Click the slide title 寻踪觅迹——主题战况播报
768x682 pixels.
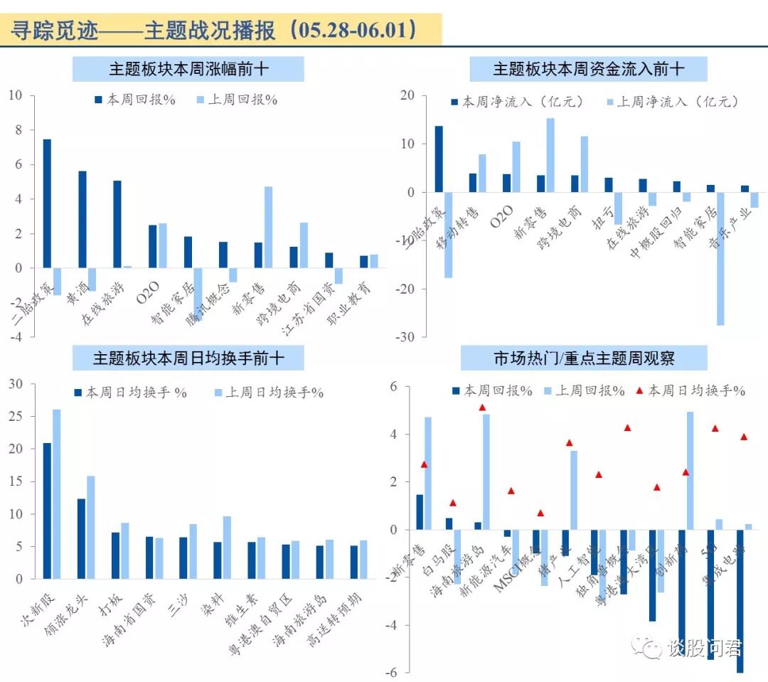pos(213,30)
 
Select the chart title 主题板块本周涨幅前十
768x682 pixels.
pos(189,69)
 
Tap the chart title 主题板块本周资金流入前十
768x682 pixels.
pos(588,69)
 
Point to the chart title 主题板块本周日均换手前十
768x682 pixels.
pos(189,358)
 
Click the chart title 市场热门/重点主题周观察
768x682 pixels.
pos(584,358)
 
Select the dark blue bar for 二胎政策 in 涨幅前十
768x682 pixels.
pos(47,203)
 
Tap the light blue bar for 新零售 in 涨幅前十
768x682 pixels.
pos(268,227)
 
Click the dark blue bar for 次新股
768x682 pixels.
pos(47,511)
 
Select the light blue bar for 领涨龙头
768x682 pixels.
pos(90,527)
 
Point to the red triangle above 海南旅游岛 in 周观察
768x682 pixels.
pos(482,407)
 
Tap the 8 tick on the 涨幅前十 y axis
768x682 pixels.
pos(18,130)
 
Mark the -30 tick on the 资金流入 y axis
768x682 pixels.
pos(405,337)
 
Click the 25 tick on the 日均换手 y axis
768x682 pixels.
pos(15,417)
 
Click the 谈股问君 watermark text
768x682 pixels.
pos(704,648)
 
